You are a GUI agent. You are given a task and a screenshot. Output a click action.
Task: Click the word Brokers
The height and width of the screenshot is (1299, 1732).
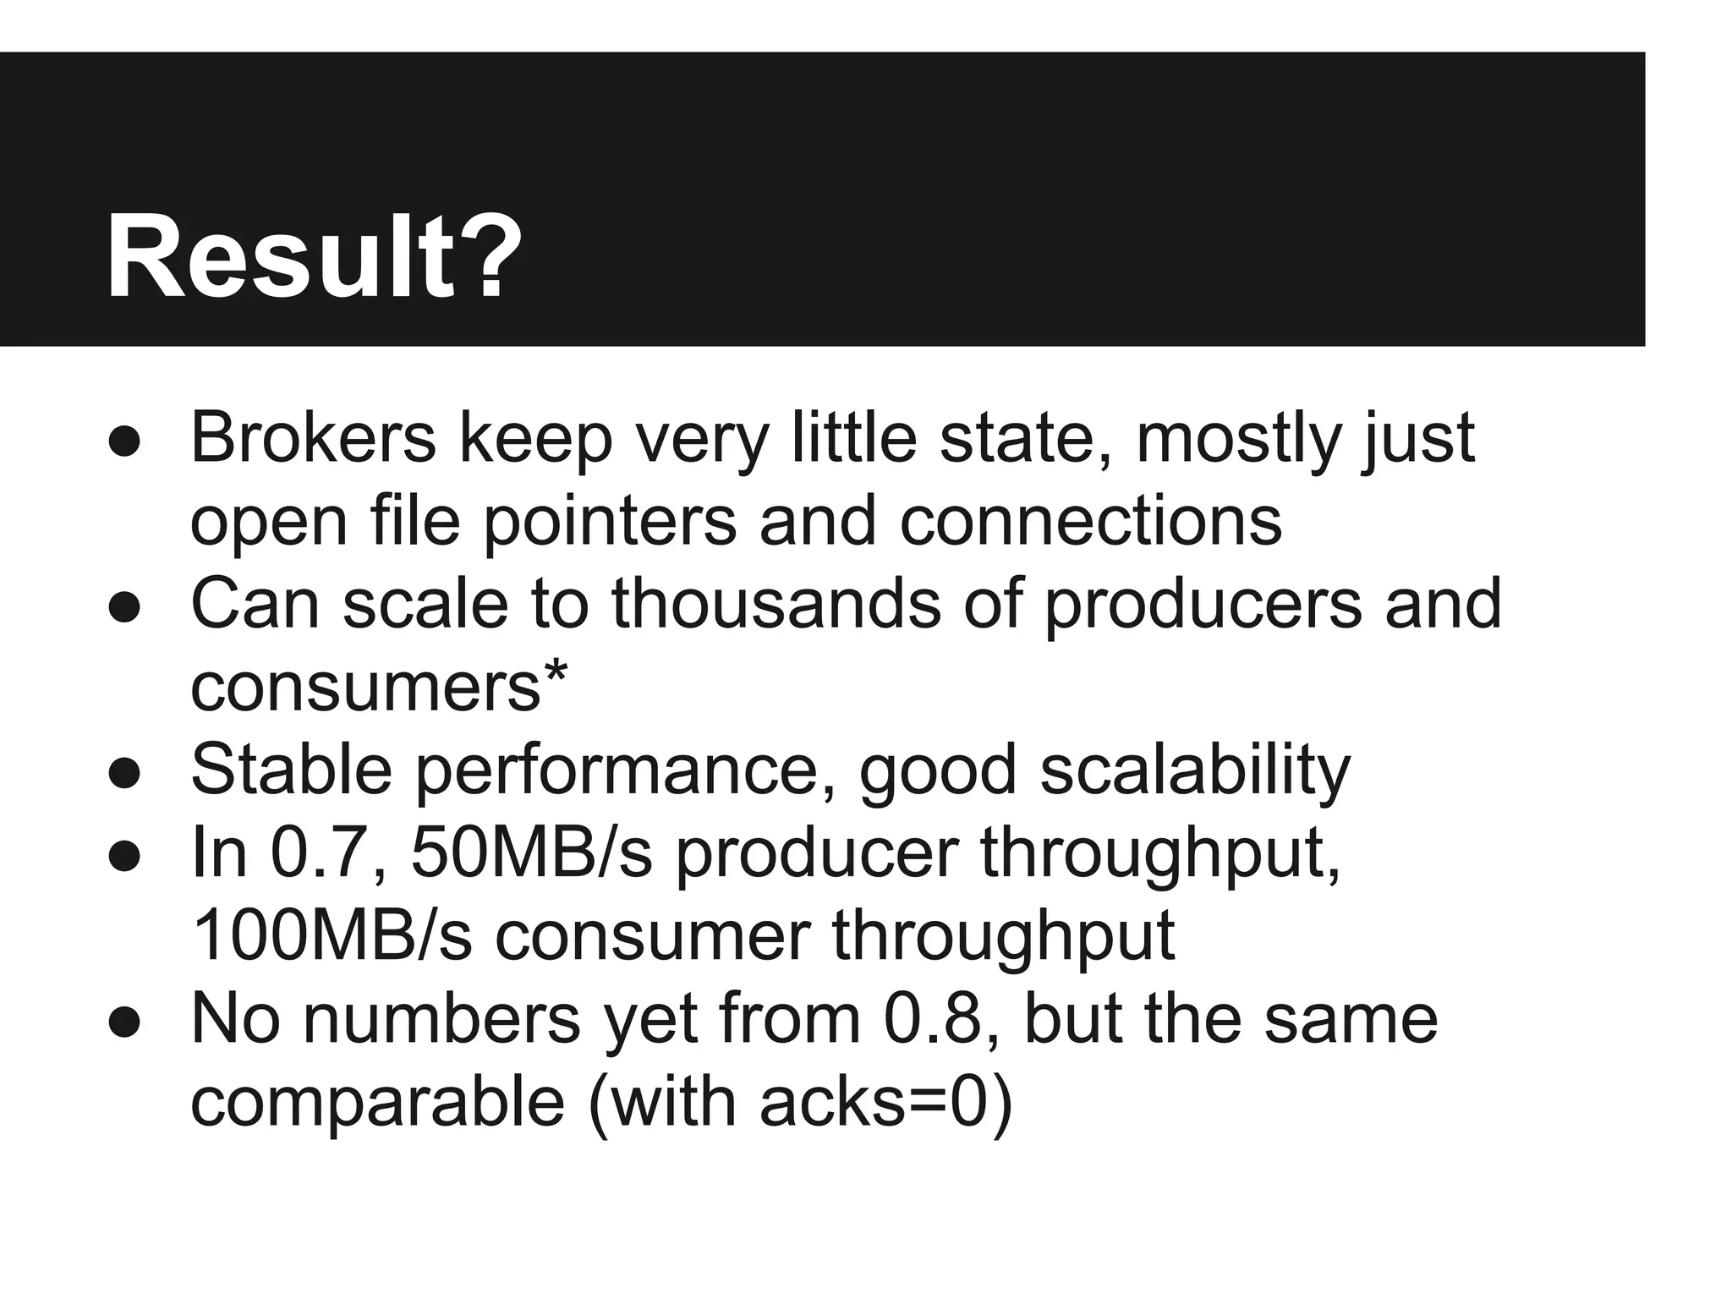[x=313, y=438]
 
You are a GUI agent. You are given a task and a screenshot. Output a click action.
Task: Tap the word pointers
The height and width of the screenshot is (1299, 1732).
[x=609, y=521]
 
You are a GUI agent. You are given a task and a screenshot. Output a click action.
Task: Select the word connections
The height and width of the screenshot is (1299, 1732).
[x=1090, y=521]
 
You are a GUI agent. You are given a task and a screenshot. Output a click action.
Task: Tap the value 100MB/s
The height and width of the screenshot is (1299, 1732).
[x=332, y=935]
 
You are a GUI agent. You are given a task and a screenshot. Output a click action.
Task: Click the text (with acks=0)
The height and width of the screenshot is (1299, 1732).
[x=799, y=1101]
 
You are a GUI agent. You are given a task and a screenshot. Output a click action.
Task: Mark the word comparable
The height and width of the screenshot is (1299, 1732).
[x=377, y=1101]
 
